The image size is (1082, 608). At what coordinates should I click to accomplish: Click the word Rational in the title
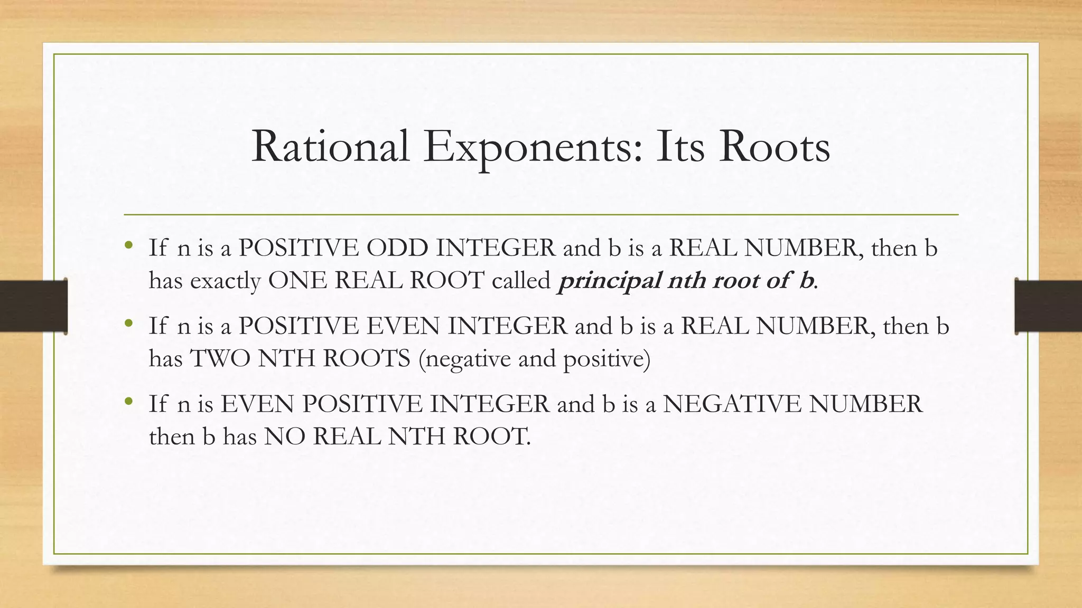coord(331,147)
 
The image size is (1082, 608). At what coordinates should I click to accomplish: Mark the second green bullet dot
coord(129,323)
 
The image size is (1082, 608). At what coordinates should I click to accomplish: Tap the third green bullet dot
coord(129,401)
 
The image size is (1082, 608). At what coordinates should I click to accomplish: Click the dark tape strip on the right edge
coord(1048,306)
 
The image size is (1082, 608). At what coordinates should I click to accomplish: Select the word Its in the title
coord(680,147)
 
